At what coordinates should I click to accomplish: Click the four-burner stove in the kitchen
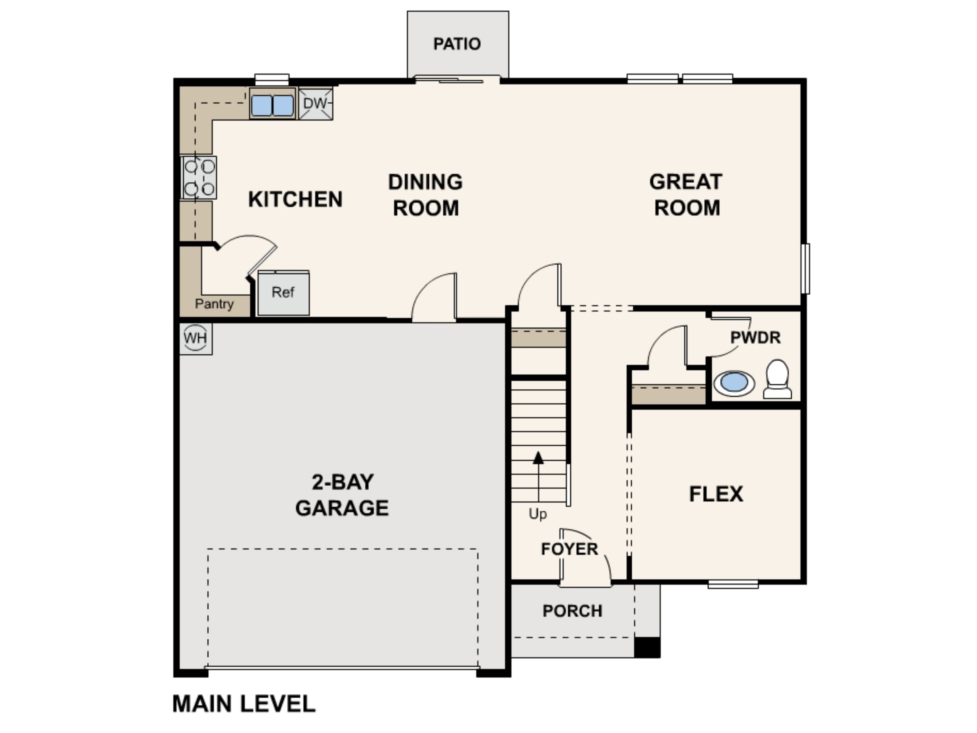point(200,178)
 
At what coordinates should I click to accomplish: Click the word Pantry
point(214,304)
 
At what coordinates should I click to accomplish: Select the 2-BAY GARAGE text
point(342,495)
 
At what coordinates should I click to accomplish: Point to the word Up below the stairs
point(538,514)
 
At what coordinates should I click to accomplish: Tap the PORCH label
point(573,611)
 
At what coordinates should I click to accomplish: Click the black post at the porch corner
point(647,647)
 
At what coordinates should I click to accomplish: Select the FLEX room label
point(716,494)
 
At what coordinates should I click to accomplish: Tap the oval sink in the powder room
point(734,383)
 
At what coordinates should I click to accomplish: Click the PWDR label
point(755,338)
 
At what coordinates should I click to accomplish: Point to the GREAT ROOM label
point(686,195)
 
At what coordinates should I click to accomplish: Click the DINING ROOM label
point(425,195)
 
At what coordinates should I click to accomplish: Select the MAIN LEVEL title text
point(244,704)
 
